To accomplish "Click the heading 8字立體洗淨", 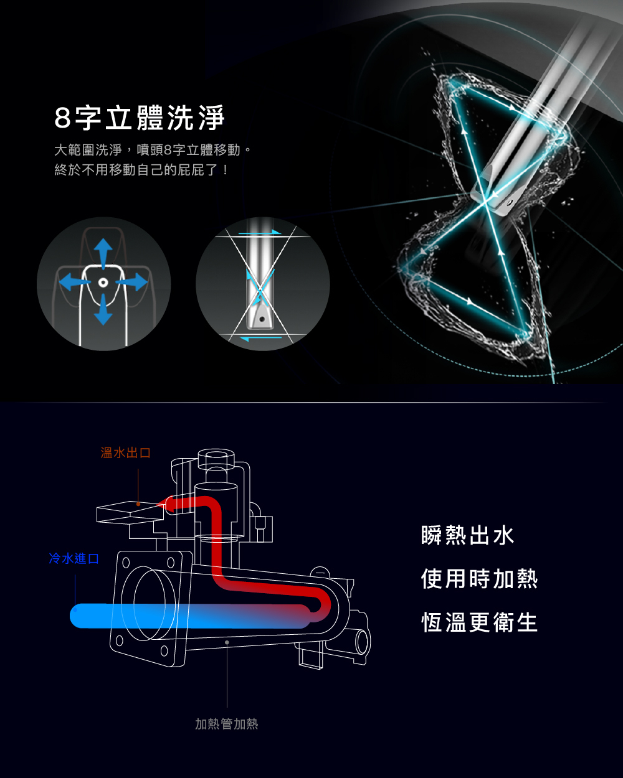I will tap(140, 118).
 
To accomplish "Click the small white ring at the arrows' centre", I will tap(103, 283).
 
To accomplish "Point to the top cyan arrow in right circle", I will tap(260, 233).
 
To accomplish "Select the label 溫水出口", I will tap(126, 452).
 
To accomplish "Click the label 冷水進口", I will tap(74, 558).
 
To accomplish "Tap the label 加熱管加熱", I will tap(226, 724).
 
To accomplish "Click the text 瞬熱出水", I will tap(467, 535).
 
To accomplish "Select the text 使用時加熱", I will tap(479, 579).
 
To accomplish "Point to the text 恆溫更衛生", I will tap(479, 622).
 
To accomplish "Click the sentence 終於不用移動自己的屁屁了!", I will tap(142, 169).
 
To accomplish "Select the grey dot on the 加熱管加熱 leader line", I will tap(227, 642).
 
